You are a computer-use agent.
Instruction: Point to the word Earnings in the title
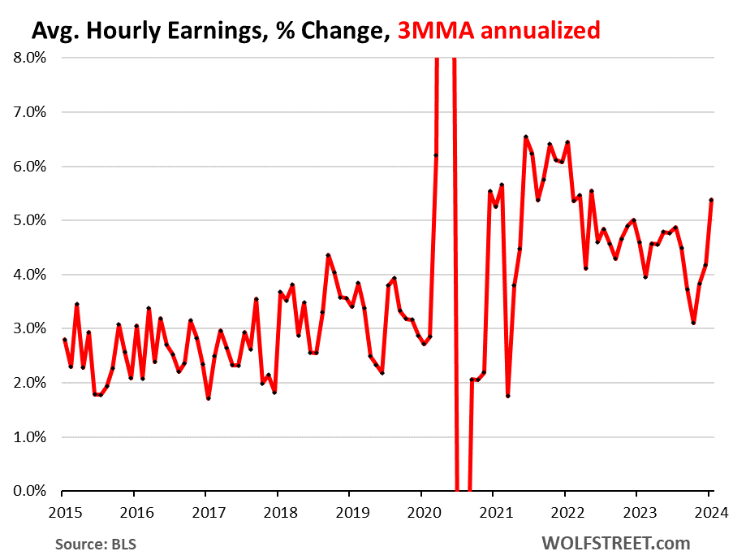(205, 31)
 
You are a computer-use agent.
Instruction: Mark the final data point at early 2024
(711, 200)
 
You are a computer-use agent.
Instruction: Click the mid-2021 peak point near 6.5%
(526, 137)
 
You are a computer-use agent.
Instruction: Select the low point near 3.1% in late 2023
(693, 323)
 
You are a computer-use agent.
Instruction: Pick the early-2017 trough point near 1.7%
(209, 398)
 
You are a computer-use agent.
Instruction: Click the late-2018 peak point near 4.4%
(328, 255)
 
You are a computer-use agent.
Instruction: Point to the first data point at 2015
(64, 340)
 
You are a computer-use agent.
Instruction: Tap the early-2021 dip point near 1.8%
(508, 396)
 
